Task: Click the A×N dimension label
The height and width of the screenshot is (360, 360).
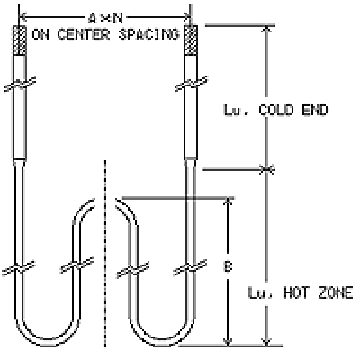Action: point(105,19)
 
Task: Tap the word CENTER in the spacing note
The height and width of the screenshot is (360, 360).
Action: point(83,34)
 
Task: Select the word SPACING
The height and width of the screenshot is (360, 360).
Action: point(148,34)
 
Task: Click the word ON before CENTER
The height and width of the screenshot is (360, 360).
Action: point(40,34)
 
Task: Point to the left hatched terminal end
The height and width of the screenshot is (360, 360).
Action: point(20,40)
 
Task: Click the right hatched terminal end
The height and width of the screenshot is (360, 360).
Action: point(191,40)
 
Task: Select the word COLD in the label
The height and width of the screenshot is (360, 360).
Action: point(275,110)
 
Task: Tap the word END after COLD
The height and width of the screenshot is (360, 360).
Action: point(315,110)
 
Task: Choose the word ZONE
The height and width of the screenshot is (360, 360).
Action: point(336,292)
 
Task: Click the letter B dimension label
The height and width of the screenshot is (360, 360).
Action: point(229,266)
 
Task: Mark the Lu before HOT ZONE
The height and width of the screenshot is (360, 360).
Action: point(257,292)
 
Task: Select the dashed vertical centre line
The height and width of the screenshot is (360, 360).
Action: point(105,254)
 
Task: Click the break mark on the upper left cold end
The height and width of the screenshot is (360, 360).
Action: point(20,84)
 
